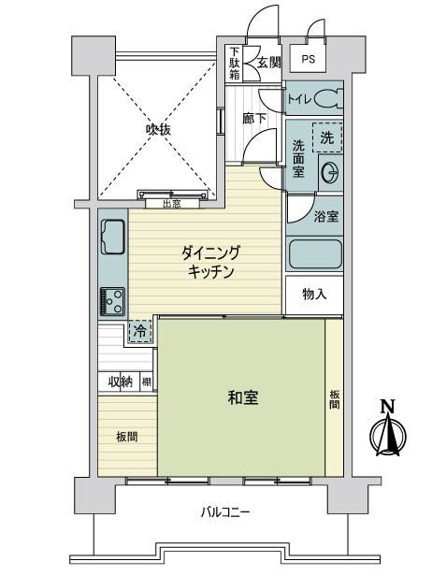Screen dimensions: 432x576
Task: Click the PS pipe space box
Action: [308, 58]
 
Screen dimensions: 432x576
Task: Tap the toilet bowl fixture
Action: [328, 99]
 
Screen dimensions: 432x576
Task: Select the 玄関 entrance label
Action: [269, 63]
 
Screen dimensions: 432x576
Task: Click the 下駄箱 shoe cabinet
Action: [234, 64]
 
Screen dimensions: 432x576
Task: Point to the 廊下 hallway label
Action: [254, 119]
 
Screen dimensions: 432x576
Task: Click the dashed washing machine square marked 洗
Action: [327, 137]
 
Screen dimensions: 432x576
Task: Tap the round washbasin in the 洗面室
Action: [331, 173]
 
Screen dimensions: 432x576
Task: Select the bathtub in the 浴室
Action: [315, 254]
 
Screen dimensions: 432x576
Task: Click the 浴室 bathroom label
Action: [326, 217]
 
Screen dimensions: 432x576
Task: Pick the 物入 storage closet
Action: [314, 295]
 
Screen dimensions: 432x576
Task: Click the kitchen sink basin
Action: [112, 237]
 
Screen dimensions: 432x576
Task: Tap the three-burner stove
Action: [112, 302]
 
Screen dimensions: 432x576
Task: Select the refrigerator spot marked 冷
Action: [139, 332]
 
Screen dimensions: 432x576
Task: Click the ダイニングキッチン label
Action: [210, 262]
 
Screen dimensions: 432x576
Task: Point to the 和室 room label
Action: [243, 397]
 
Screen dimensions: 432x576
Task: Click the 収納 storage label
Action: [120, 382]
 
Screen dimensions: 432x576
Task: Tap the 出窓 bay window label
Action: [172, 204]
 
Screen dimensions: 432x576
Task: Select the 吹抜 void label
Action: [158, 129]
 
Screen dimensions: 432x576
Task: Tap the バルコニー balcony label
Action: [225, 511]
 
